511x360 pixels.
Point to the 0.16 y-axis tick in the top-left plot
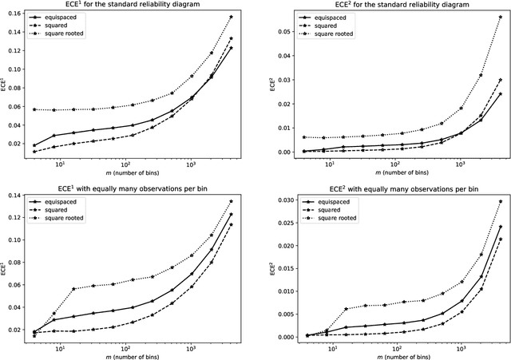[14, 17]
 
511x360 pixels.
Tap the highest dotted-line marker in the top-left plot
[231, 17]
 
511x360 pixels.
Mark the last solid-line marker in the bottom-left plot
[231, 214]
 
